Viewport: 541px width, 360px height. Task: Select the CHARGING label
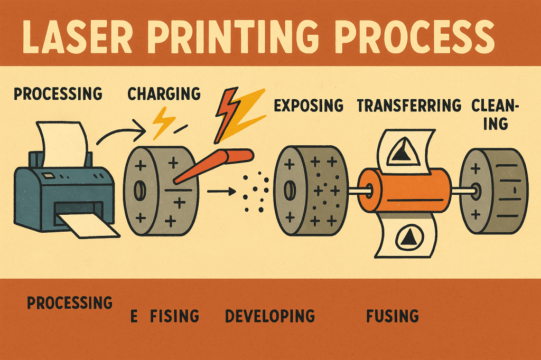coord(164,94)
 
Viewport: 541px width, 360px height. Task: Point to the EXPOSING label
coord(309,106)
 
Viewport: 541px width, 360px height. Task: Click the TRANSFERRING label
coord(409,106)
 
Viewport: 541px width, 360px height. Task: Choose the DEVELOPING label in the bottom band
coord(269,316)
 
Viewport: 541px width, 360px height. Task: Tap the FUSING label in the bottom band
coord(392,316)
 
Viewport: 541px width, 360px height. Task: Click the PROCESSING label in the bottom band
coord(70,303)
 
